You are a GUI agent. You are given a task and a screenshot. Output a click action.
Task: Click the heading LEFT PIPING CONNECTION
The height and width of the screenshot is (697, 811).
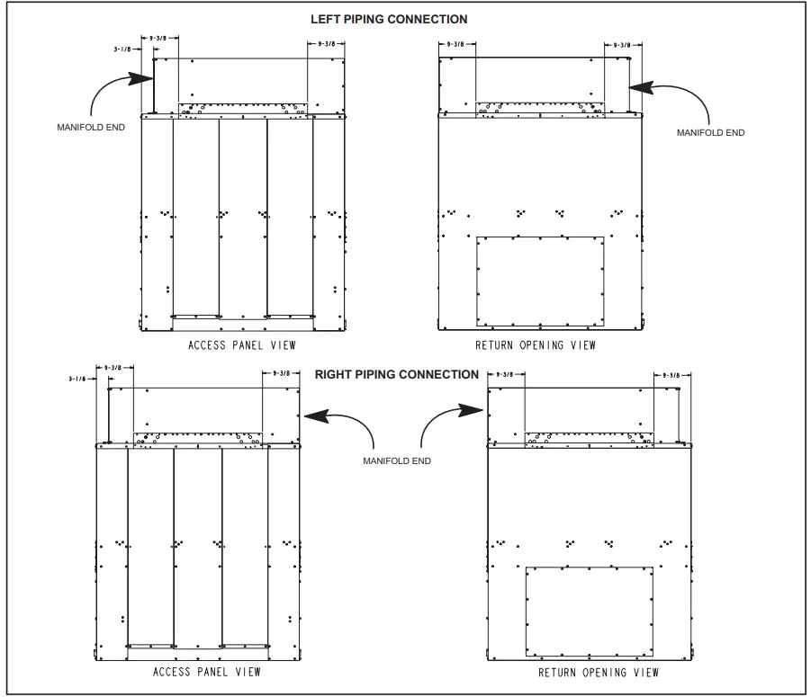(x=389, y=19)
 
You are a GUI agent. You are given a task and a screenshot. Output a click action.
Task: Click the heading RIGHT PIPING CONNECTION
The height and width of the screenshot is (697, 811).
(x=397, y=374)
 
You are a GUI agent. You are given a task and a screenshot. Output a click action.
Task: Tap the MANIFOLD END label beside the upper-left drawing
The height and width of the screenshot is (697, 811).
(x=91, y=127)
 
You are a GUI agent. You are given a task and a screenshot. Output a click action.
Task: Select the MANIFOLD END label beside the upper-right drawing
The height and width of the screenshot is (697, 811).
(x=710, y=132)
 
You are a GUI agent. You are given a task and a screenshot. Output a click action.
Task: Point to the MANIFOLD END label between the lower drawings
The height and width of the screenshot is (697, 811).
(x=396, y=460)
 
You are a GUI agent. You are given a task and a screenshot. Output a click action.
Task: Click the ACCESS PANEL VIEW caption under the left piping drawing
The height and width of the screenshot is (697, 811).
(x=241, y=345)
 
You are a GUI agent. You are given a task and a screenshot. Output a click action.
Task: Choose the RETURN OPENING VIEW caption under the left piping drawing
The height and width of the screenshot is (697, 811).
(x=536, y=345)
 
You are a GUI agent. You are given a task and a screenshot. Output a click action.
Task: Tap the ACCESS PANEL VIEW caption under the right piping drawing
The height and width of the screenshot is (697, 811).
(x=207, y=672)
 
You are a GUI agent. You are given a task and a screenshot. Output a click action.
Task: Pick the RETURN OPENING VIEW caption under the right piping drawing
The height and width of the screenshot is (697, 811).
(x=599, y=672)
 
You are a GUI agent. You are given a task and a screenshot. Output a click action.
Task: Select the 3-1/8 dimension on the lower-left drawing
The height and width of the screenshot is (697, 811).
(x=78, y=380)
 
